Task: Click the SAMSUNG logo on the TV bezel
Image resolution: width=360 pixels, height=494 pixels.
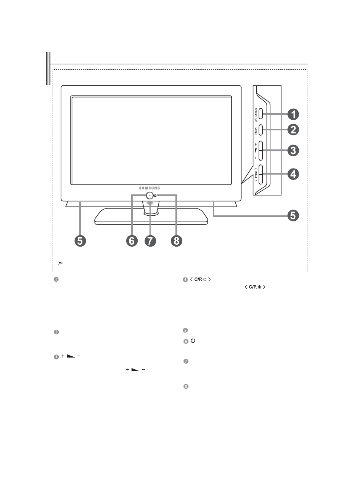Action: pos(149,188)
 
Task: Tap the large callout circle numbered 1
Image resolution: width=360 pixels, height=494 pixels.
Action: pos(292,114)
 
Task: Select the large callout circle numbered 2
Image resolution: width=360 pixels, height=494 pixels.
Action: pos(292,130)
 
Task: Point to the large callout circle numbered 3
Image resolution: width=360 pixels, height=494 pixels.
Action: pos(292,150)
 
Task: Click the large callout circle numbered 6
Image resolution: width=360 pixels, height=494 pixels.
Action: pos(132,241)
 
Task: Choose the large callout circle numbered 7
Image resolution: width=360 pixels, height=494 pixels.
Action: pos(150,241)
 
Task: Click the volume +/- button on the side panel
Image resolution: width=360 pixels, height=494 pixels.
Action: pos(261,150)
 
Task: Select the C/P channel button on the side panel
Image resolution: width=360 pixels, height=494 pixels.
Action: pos(261,174)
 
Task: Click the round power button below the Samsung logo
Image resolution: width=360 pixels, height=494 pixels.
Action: pos(150,195)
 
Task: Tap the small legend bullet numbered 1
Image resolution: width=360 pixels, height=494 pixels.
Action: pos(56,279)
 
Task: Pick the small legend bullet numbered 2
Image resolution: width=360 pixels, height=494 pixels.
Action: pos(56,332)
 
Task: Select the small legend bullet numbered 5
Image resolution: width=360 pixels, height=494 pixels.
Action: pos(186,330)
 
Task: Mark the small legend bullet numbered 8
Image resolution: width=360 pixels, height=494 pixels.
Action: pos(186,387)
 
